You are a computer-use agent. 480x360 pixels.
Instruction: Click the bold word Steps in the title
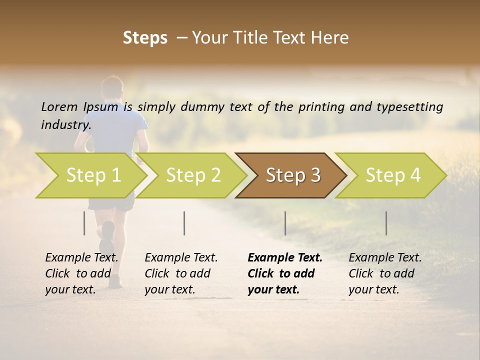(145, 38)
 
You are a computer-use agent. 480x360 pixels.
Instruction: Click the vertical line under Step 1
(84, 223)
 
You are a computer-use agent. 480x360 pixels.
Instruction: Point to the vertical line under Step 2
(184, 223)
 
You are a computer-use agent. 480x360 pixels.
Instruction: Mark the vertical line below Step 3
(285, 223)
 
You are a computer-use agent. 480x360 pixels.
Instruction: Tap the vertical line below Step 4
(386, 223)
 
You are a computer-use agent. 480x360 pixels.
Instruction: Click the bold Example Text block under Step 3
(284, 273)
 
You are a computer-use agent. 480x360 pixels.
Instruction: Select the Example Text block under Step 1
(81, 273)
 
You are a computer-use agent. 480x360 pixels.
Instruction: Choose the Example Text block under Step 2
(181, 273)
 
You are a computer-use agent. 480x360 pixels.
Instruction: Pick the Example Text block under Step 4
(385, 273)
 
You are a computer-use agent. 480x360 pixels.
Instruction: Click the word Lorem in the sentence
(59, 106)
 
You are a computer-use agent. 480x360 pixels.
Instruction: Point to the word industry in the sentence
(65, 124)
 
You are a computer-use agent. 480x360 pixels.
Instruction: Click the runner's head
(112, 88)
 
